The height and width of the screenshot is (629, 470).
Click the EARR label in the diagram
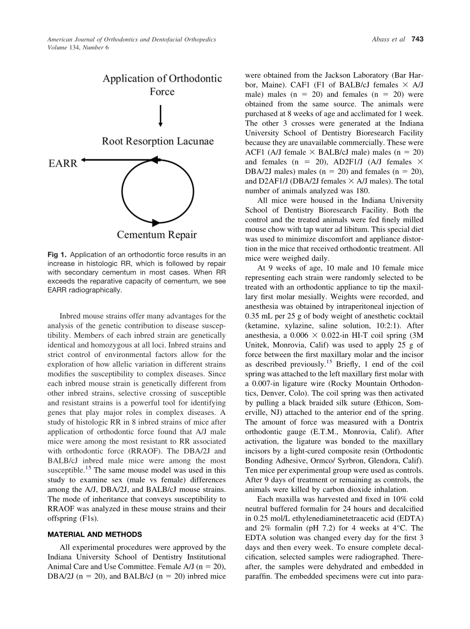(63, 163)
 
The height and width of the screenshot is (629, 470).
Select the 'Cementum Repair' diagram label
(157, 235)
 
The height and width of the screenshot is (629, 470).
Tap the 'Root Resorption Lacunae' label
(158, 141)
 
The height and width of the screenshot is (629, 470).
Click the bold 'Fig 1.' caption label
(57, 255)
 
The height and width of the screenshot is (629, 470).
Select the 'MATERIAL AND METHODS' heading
(94, 535)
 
